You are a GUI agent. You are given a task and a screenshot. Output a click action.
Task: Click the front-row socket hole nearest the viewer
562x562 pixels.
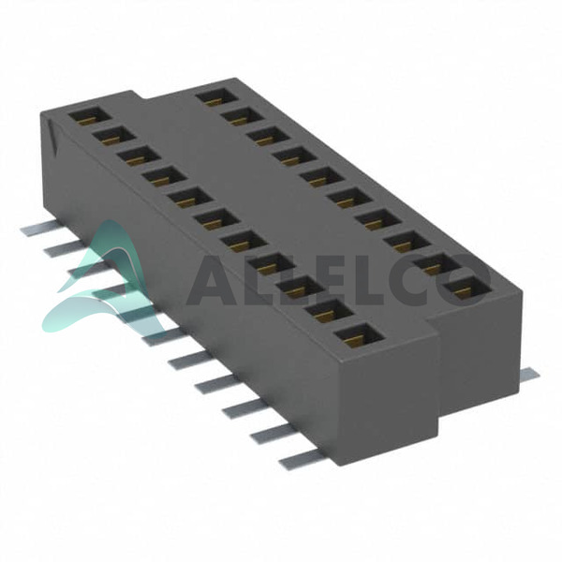point(360,336)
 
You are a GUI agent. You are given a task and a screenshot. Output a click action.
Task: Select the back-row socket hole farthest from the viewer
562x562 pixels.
point(217,96)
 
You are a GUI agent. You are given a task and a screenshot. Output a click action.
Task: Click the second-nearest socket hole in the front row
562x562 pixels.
point(330,312)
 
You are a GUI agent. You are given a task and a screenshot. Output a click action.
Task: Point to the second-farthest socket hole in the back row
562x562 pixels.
point(243,116)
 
